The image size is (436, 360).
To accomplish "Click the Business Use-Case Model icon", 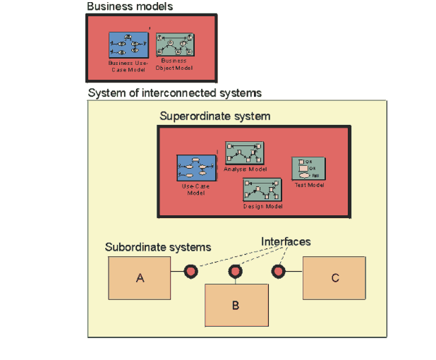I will pos(128,45).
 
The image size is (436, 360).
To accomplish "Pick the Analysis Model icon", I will pos(244,153).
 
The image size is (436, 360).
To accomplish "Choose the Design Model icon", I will pos(262,189).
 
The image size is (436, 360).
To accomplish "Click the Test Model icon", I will pos(308,168).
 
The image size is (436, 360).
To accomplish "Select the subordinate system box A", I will pos(140,278).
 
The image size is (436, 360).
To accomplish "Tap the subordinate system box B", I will pos(236,305).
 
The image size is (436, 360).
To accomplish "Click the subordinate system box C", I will pos(334,278).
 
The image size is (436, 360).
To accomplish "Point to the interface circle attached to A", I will pos(190,272).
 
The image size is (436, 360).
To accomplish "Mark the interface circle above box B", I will pos(236,272).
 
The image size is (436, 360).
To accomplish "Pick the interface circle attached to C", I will pos(279,272).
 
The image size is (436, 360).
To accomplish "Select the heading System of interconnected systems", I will pos(175,93).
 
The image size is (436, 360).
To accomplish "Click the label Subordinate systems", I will pos(158,247).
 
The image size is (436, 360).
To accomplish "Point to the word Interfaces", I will pos(286,242).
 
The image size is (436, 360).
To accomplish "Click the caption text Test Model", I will pos(309,185).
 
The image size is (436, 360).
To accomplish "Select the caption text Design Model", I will pos(263,206).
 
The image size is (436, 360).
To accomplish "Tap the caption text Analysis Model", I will pos(245,169).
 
